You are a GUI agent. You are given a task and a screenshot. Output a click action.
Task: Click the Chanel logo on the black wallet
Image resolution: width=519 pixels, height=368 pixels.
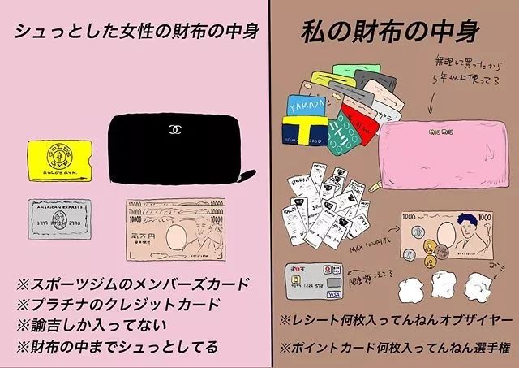pos(173,129)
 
